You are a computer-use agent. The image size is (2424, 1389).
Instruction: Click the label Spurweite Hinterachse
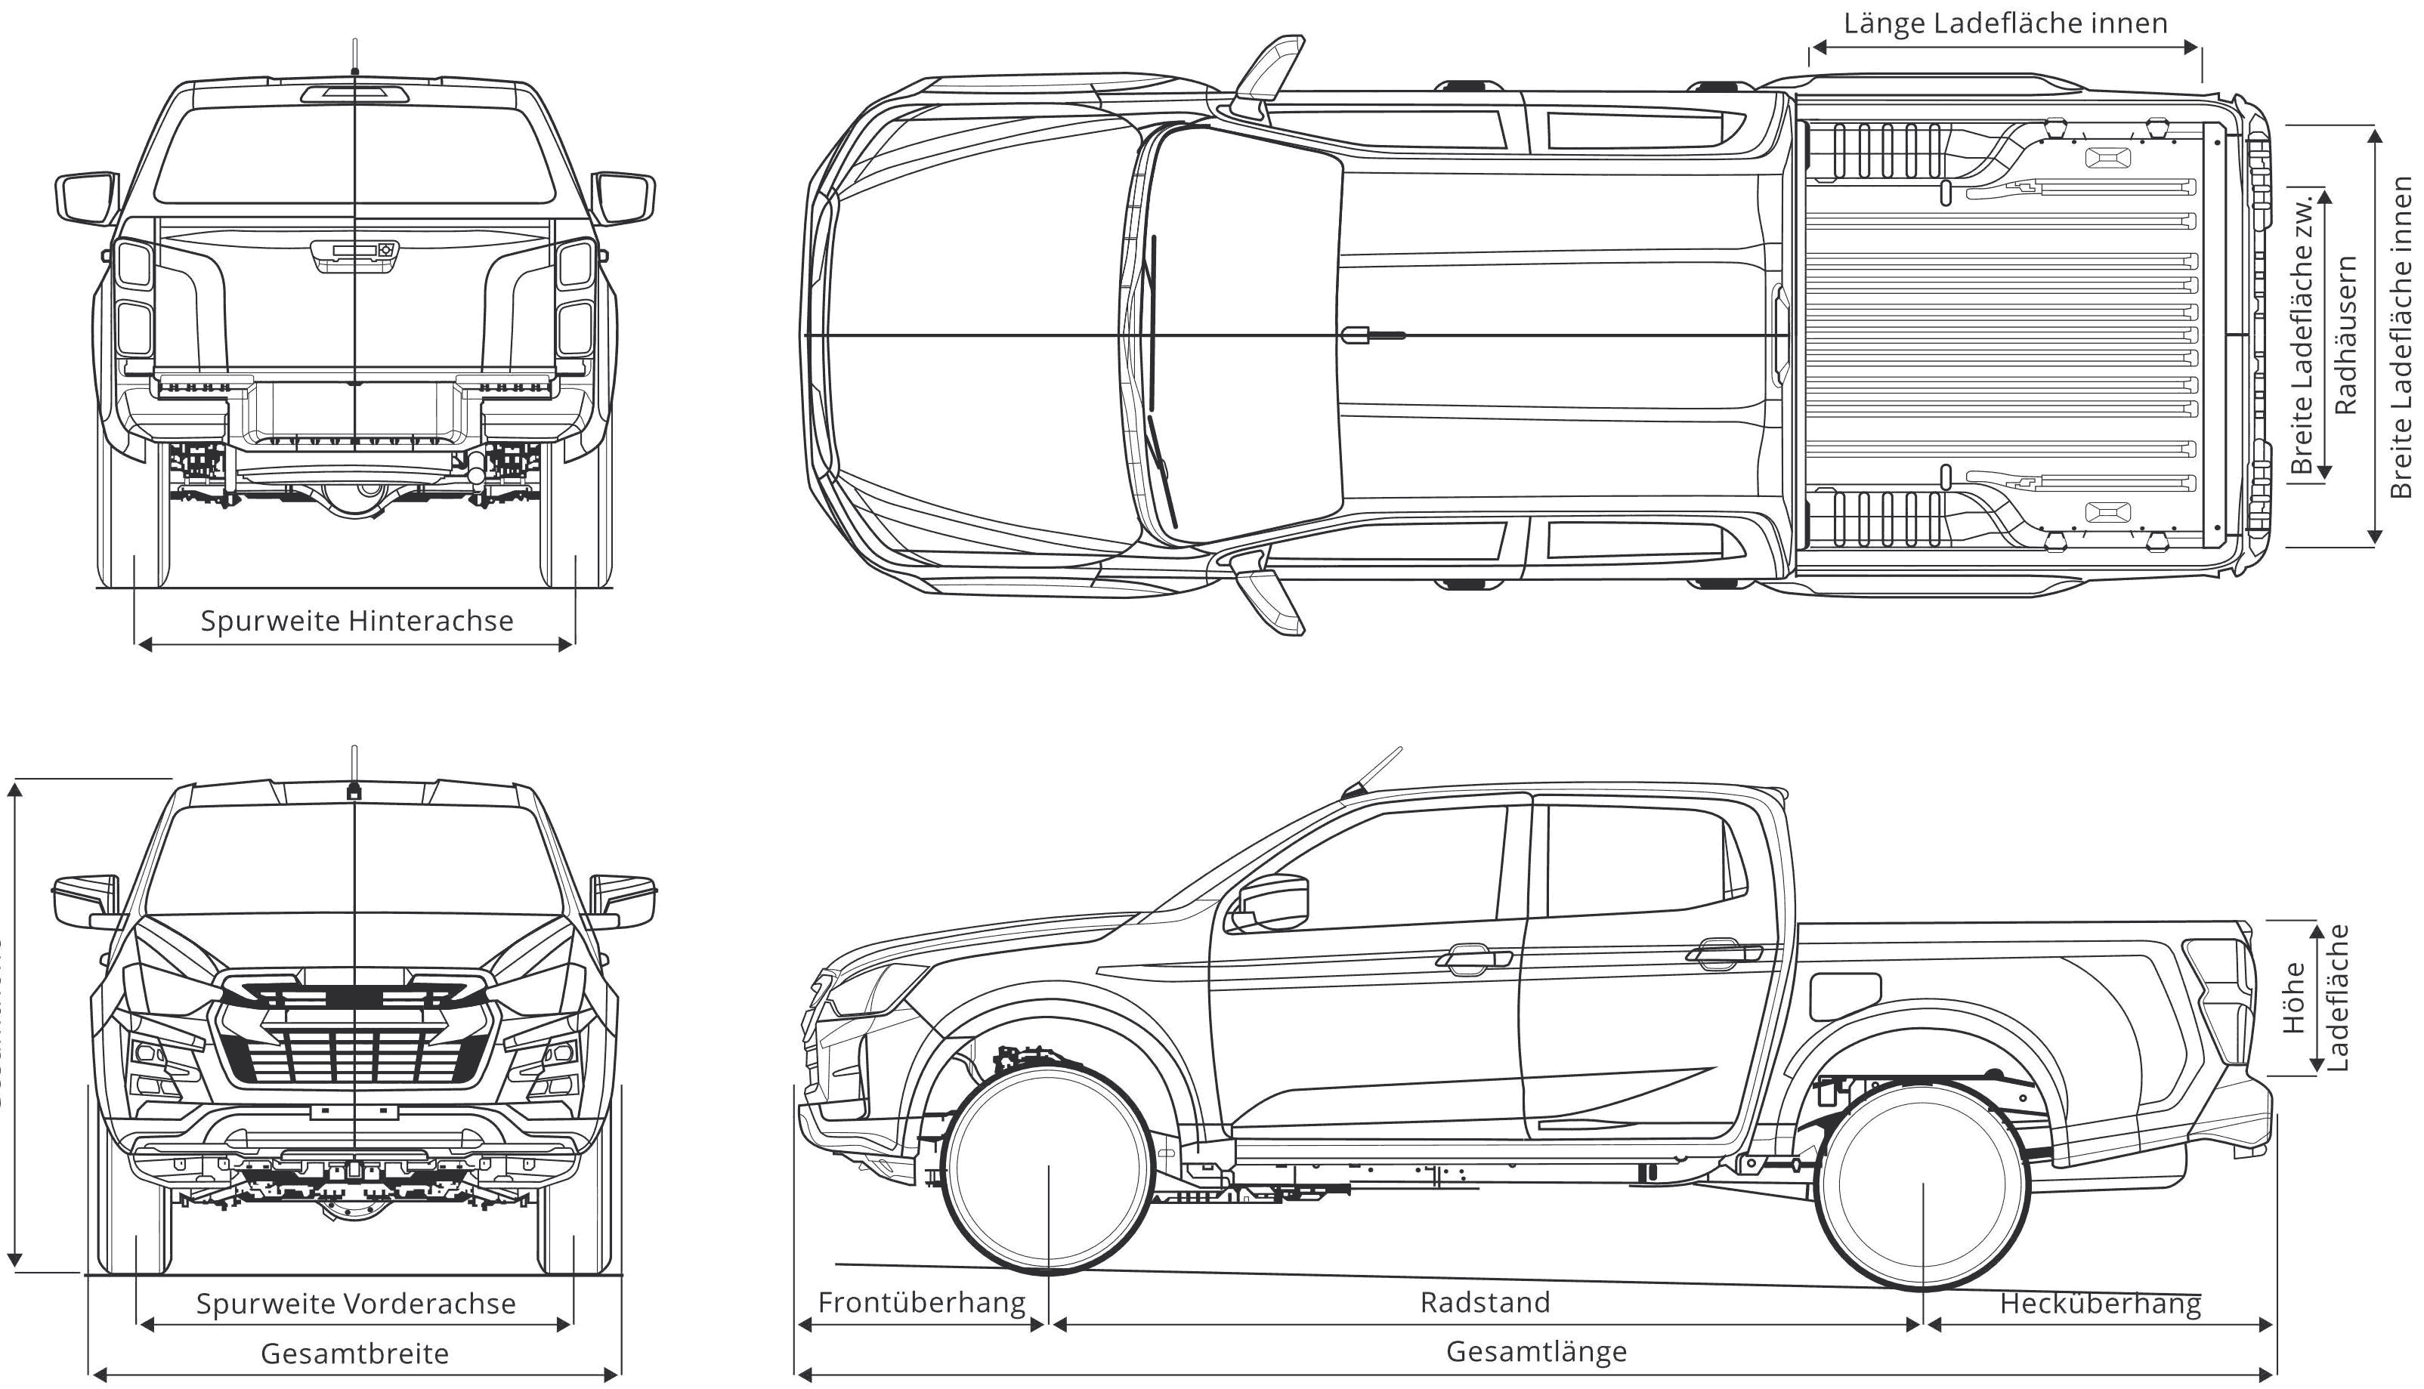[x=356, y=621]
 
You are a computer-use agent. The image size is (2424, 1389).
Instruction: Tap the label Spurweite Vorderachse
[x=356, y=1303]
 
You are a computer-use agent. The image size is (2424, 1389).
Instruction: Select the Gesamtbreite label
[x=354, y=1353]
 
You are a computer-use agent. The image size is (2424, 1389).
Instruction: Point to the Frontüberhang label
[x=921, y=1302]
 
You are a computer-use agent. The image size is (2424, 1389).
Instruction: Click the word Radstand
[x=1484, y=1302]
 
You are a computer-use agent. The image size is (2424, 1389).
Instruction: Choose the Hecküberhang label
[x=2100, y=1303]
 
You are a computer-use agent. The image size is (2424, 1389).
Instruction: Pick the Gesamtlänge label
[x=1535, y=1350]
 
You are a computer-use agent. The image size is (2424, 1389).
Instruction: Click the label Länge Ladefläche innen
[x=2004, y=23]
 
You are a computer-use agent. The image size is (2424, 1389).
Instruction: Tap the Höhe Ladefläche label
[x=2314, y=998]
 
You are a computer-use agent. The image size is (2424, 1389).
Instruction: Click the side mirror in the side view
[x=1272, y=903]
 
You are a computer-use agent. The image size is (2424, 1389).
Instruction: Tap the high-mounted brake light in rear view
[x=355, y=93]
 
